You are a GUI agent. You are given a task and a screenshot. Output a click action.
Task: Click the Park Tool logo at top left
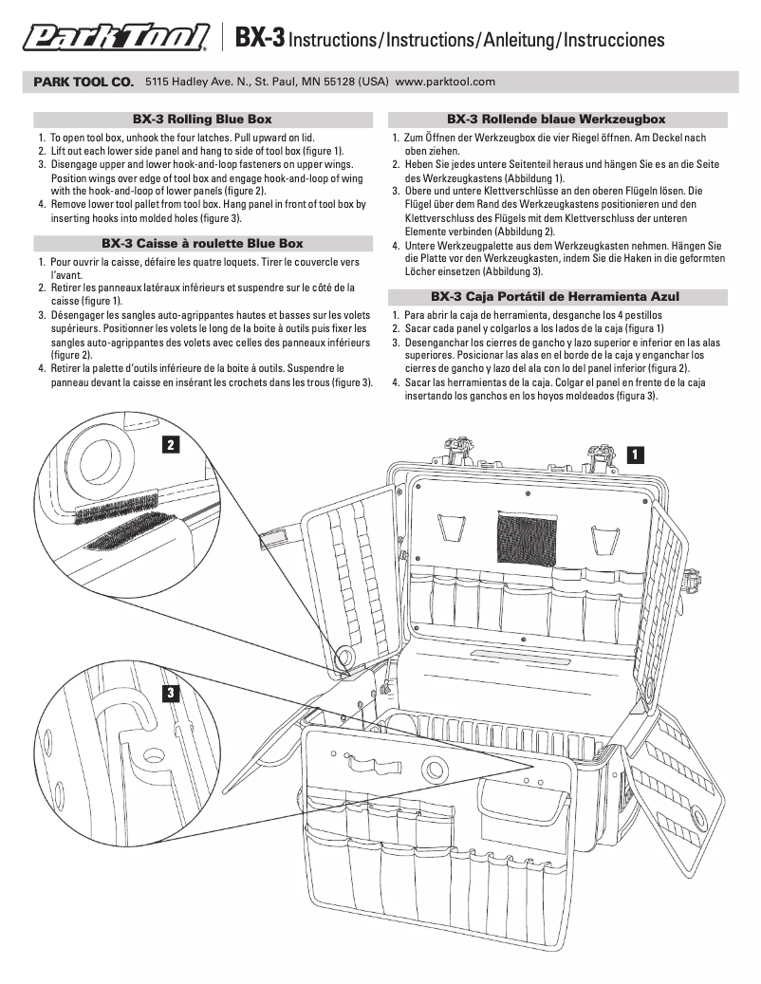pyautogui.click(x=116, y=37)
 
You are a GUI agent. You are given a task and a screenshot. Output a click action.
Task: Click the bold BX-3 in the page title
pyautogui.click(x=259, y=38)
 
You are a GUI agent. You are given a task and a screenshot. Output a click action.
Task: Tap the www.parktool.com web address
pyautogui.click(x=445, y=83)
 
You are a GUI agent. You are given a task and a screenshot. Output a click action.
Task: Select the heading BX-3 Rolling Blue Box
pyautogui.click(x=201, y=120)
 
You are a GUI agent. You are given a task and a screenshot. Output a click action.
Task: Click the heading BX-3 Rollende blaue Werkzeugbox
pyautogui.click(x=556, y=120)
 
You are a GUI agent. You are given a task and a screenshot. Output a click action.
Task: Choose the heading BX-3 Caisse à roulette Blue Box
pyautogui.click(x=201, y=243)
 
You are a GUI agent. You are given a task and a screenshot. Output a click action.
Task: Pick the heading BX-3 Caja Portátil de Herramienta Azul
pyautogui.click(x=556, y=296)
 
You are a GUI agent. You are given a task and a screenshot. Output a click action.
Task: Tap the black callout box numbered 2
pyautogui.click(x=170, y=443)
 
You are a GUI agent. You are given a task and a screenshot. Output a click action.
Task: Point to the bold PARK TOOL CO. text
pyautogui.click(x=84, y=83)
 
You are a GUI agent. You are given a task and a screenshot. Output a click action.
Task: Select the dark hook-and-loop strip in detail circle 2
pyautogui.click(x=121, y=541)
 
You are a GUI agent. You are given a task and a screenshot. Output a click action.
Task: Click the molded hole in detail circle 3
pyautogui.click(x=150, y=755)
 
